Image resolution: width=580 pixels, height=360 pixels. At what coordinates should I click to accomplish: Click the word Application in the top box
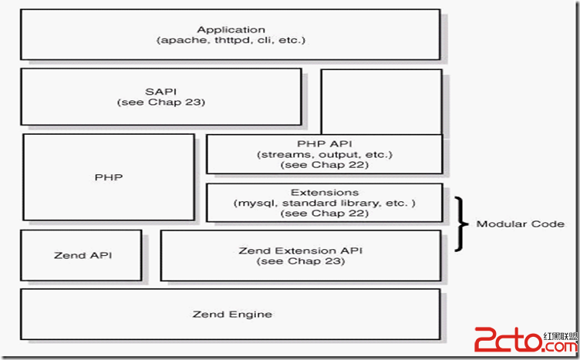(x=231, y=30)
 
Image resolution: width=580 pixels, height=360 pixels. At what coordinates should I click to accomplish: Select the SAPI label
(x=161, y=92)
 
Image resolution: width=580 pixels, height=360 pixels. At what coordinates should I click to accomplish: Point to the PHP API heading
(x=325, y=144)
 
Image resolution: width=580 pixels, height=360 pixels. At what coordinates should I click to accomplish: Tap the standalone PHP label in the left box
(x=109, y=177)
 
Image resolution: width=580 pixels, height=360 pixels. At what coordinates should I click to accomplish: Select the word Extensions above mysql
(x=325, y=193)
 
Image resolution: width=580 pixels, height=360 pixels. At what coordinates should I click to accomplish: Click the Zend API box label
(x=83, y=255)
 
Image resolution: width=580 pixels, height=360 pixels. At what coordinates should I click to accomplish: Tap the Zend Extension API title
(x=300, y=251)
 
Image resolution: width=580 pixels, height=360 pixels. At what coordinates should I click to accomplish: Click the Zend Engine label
(x=232, y=315)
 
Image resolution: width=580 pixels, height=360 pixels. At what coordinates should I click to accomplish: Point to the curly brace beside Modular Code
(x=459, y=224)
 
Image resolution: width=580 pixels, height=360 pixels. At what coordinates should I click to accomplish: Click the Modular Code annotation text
(x=521, y=224)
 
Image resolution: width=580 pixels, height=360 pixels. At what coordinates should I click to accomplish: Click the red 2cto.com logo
(x=526, y=339)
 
